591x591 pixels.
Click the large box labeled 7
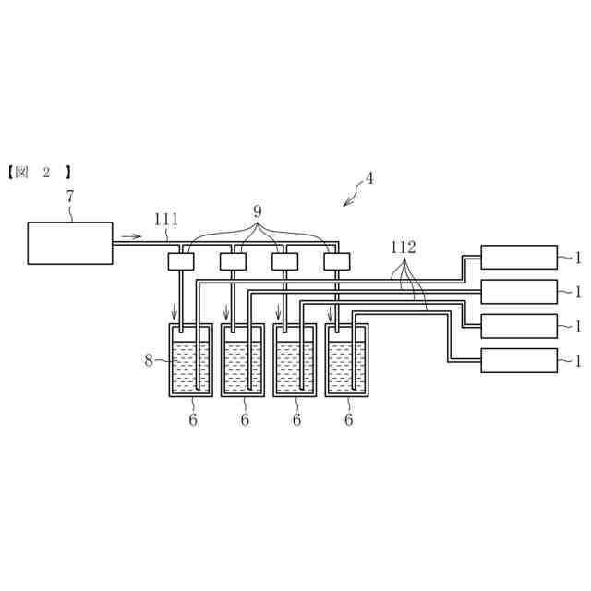70,243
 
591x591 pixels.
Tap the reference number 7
69,197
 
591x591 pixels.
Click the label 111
166,220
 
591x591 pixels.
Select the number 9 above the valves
258,211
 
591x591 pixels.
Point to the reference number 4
369,179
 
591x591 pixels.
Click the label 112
403,247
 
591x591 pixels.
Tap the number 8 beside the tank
148,360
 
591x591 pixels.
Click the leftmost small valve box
181,261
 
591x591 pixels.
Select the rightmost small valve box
337,261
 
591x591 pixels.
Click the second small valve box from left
233,261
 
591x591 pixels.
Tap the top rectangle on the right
519,257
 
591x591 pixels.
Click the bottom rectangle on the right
519,360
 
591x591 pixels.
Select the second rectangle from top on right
519,292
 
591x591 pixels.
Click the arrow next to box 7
132,236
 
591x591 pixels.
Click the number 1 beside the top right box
577,258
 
